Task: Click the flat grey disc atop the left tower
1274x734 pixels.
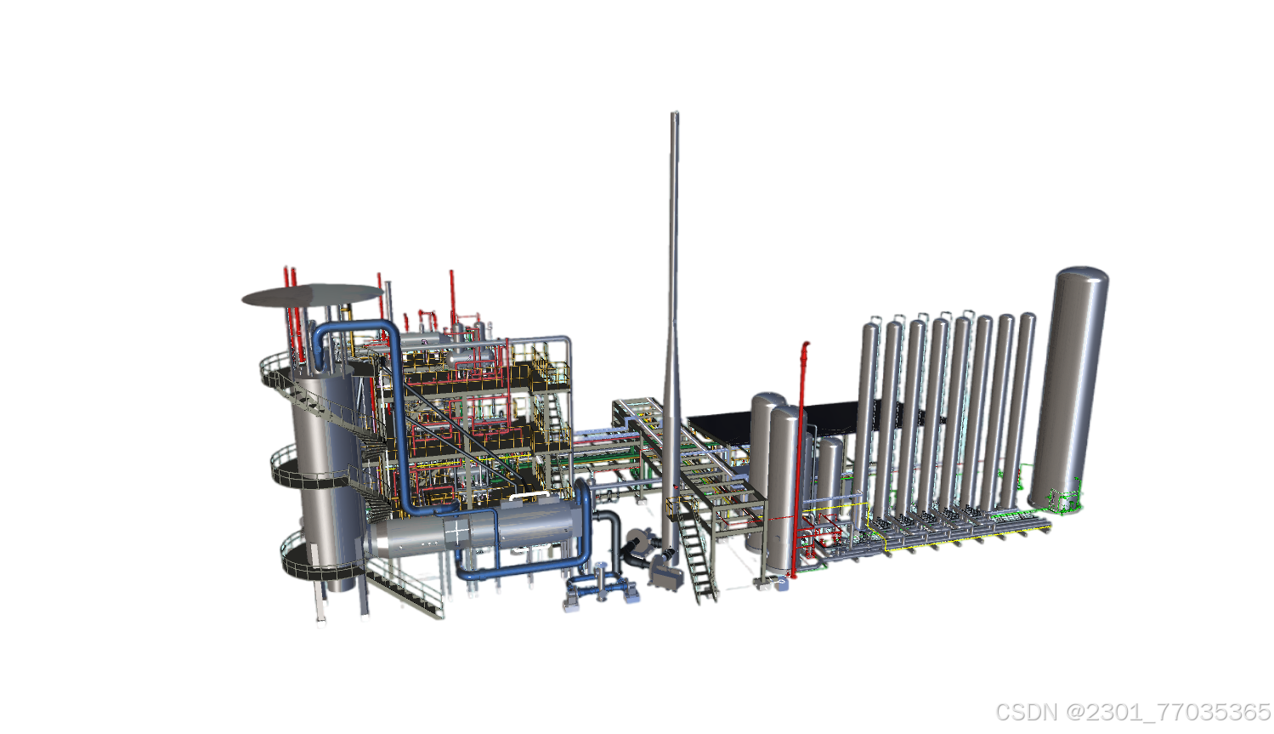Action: tap(313, 295)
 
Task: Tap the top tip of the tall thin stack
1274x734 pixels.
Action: tap(675, 112)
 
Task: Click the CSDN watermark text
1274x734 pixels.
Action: tap(1133, 712)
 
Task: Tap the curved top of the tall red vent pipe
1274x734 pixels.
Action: tap(806, 346)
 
